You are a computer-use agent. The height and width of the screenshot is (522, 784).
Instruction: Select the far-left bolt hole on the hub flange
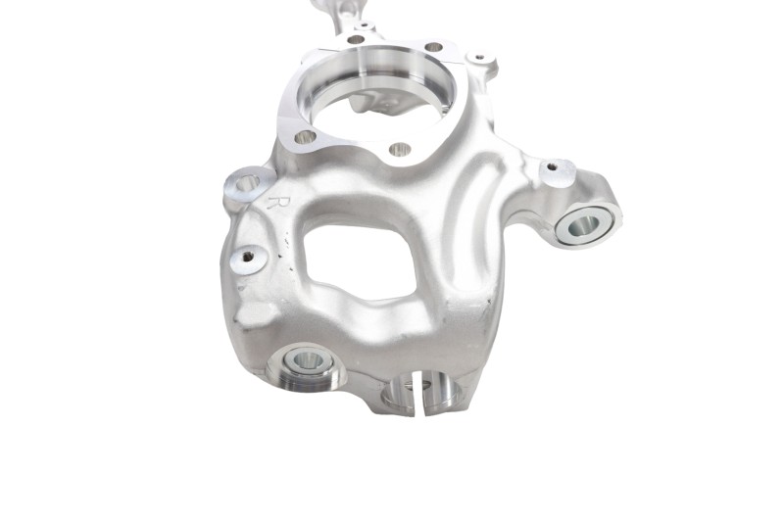tap(306, 136)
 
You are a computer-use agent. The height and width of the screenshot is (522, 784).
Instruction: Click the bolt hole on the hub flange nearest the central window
tap(400, 148)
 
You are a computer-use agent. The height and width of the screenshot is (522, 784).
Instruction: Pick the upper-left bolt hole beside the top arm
tap(356, 39)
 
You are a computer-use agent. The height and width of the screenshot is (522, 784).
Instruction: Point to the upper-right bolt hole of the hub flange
tap(433, 47)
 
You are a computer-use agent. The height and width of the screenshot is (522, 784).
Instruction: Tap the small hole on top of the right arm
tap(552, 166)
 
